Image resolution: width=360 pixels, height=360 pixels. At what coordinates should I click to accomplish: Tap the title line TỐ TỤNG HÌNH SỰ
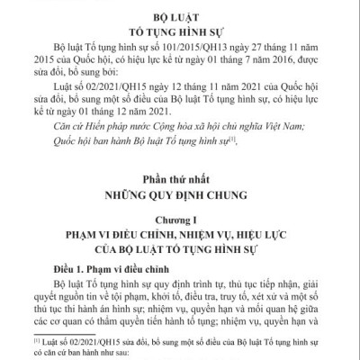180,30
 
